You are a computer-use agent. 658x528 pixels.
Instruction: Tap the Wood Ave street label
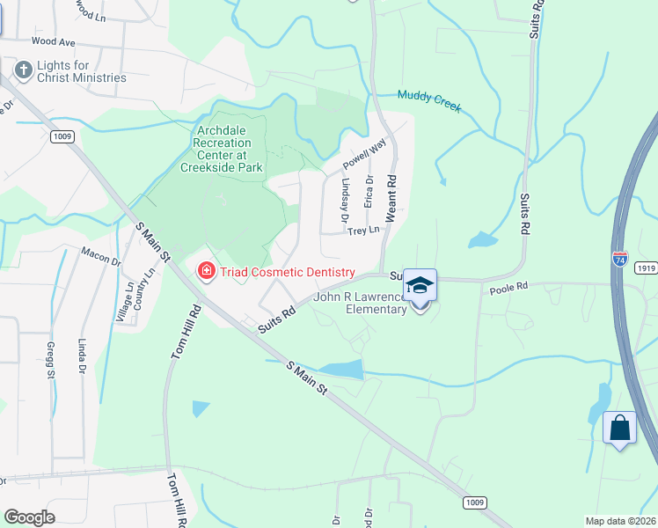click(53, 41)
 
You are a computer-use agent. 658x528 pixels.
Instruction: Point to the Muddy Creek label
click(429, 99)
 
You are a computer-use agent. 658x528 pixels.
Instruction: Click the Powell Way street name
click(364, 158)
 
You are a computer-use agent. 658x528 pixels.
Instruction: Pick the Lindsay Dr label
click(344, 201)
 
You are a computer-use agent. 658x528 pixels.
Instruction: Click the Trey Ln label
click(362, 231)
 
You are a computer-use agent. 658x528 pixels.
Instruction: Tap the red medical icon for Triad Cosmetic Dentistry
click(207, 271)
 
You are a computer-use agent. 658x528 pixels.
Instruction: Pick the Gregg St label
click(50, 359)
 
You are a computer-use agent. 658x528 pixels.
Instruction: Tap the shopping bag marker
click(620, 429)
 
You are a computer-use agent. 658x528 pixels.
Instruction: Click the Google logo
click(30, 517)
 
